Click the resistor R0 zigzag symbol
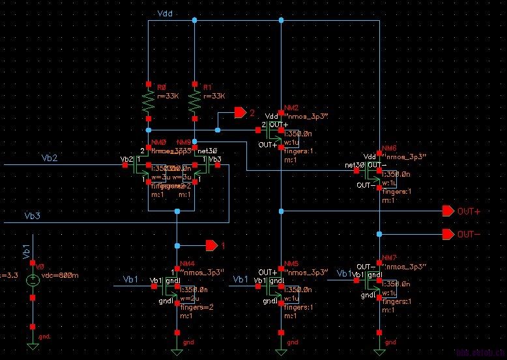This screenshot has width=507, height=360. (x=149, y=102)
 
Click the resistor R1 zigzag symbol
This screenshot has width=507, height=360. (x=194, y=102)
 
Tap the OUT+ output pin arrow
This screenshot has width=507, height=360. (x=447, y=211)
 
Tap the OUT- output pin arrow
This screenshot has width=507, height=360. (x=447, y=234)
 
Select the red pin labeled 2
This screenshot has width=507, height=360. (x=240, y=113)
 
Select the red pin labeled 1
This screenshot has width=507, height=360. (x=211, y=245)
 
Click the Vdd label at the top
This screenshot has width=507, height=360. (x=165, y=14)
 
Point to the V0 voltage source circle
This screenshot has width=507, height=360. (x=32, y=281)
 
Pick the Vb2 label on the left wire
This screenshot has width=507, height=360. (x=50, y=158)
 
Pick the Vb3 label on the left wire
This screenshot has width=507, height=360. (x=32, y=216)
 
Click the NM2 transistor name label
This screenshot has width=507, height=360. (x=291, y=108)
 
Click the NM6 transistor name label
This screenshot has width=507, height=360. (x=389, y=149)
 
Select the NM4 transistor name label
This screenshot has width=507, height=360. (x=187, y=263)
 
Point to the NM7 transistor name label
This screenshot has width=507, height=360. (x=389, y=258)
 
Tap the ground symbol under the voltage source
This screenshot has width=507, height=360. (x=32, y=346)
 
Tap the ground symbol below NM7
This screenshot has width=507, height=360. (x=379, y=351)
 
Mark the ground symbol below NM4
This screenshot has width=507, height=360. (x=177, y=351)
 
